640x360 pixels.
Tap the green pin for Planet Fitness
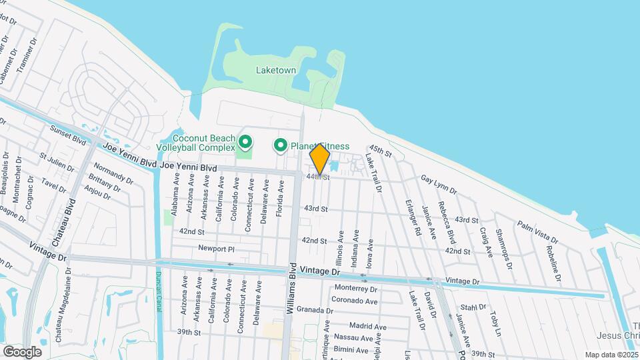(281, 145)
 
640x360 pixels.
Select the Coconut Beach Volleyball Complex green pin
(245, 141)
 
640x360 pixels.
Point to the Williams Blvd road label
(291, 289)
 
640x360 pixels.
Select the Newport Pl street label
(217, 248)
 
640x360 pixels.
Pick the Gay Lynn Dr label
(439, 185)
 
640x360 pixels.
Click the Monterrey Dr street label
(356, 289)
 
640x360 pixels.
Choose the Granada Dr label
(315, 310)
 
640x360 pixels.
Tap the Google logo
(22, 351)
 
